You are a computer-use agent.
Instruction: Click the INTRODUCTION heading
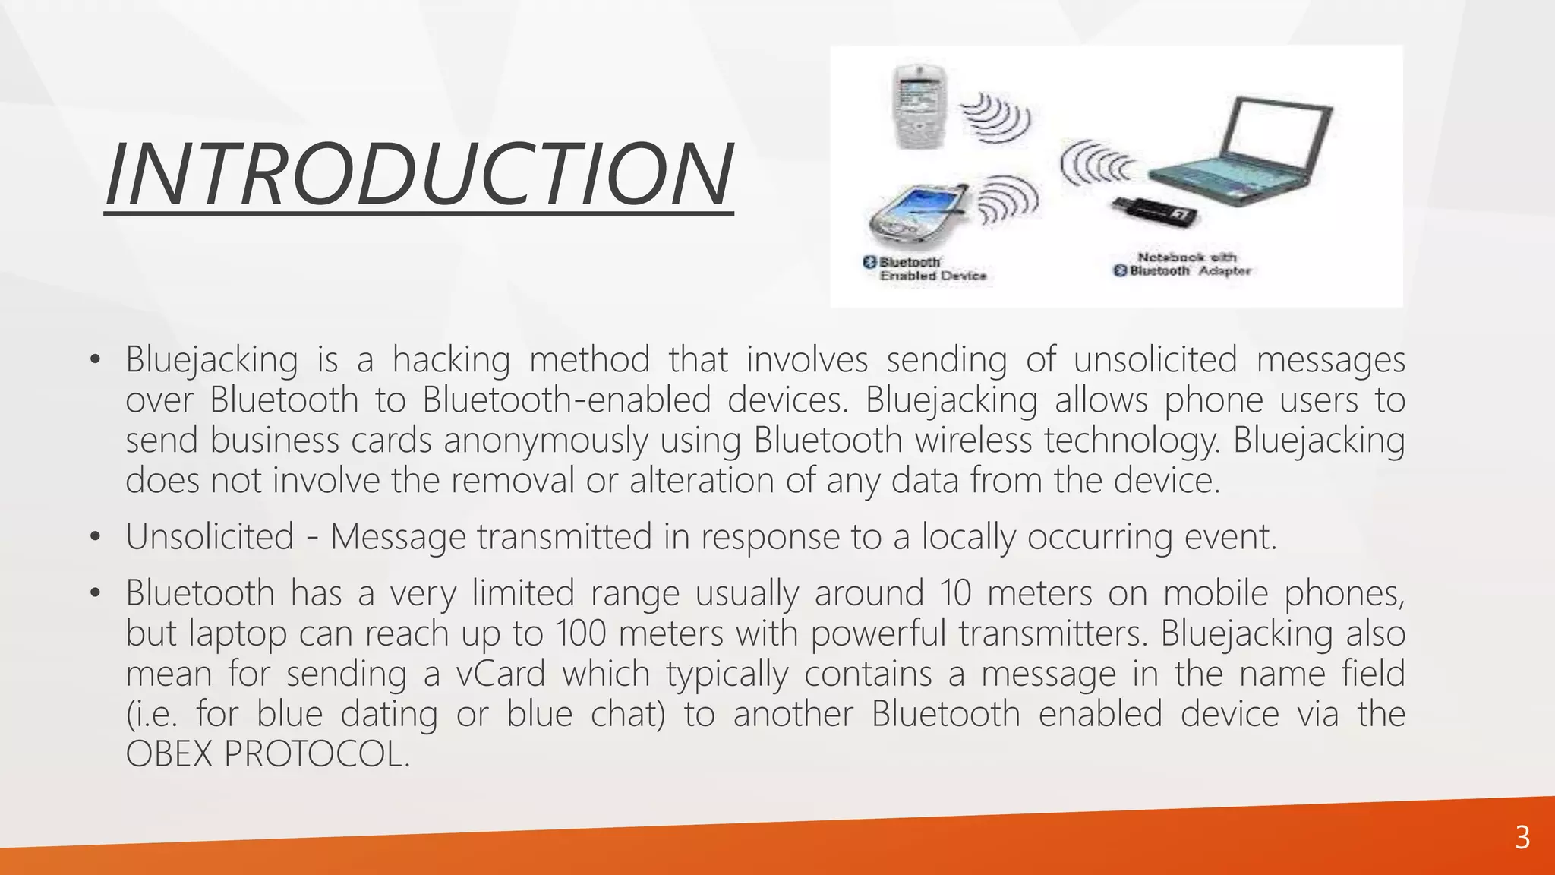tap(418, 175)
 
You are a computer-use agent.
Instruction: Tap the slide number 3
tap(1522, 838)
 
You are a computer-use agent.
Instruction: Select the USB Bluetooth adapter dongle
tap(1154, 213)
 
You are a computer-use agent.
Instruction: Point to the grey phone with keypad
tap(919, 106)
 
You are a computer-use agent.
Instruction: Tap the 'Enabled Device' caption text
tap(932, 276)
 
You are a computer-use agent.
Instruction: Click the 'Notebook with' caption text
tap(1187, 257)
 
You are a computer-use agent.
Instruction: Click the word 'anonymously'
tap(545, 440)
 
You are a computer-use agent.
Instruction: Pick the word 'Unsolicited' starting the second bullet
tap(210, 536)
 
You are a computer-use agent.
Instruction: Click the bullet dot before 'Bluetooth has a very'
tap(94, 593)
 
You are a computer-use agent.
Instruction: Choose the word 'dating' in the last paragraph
tap(389, 714)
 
